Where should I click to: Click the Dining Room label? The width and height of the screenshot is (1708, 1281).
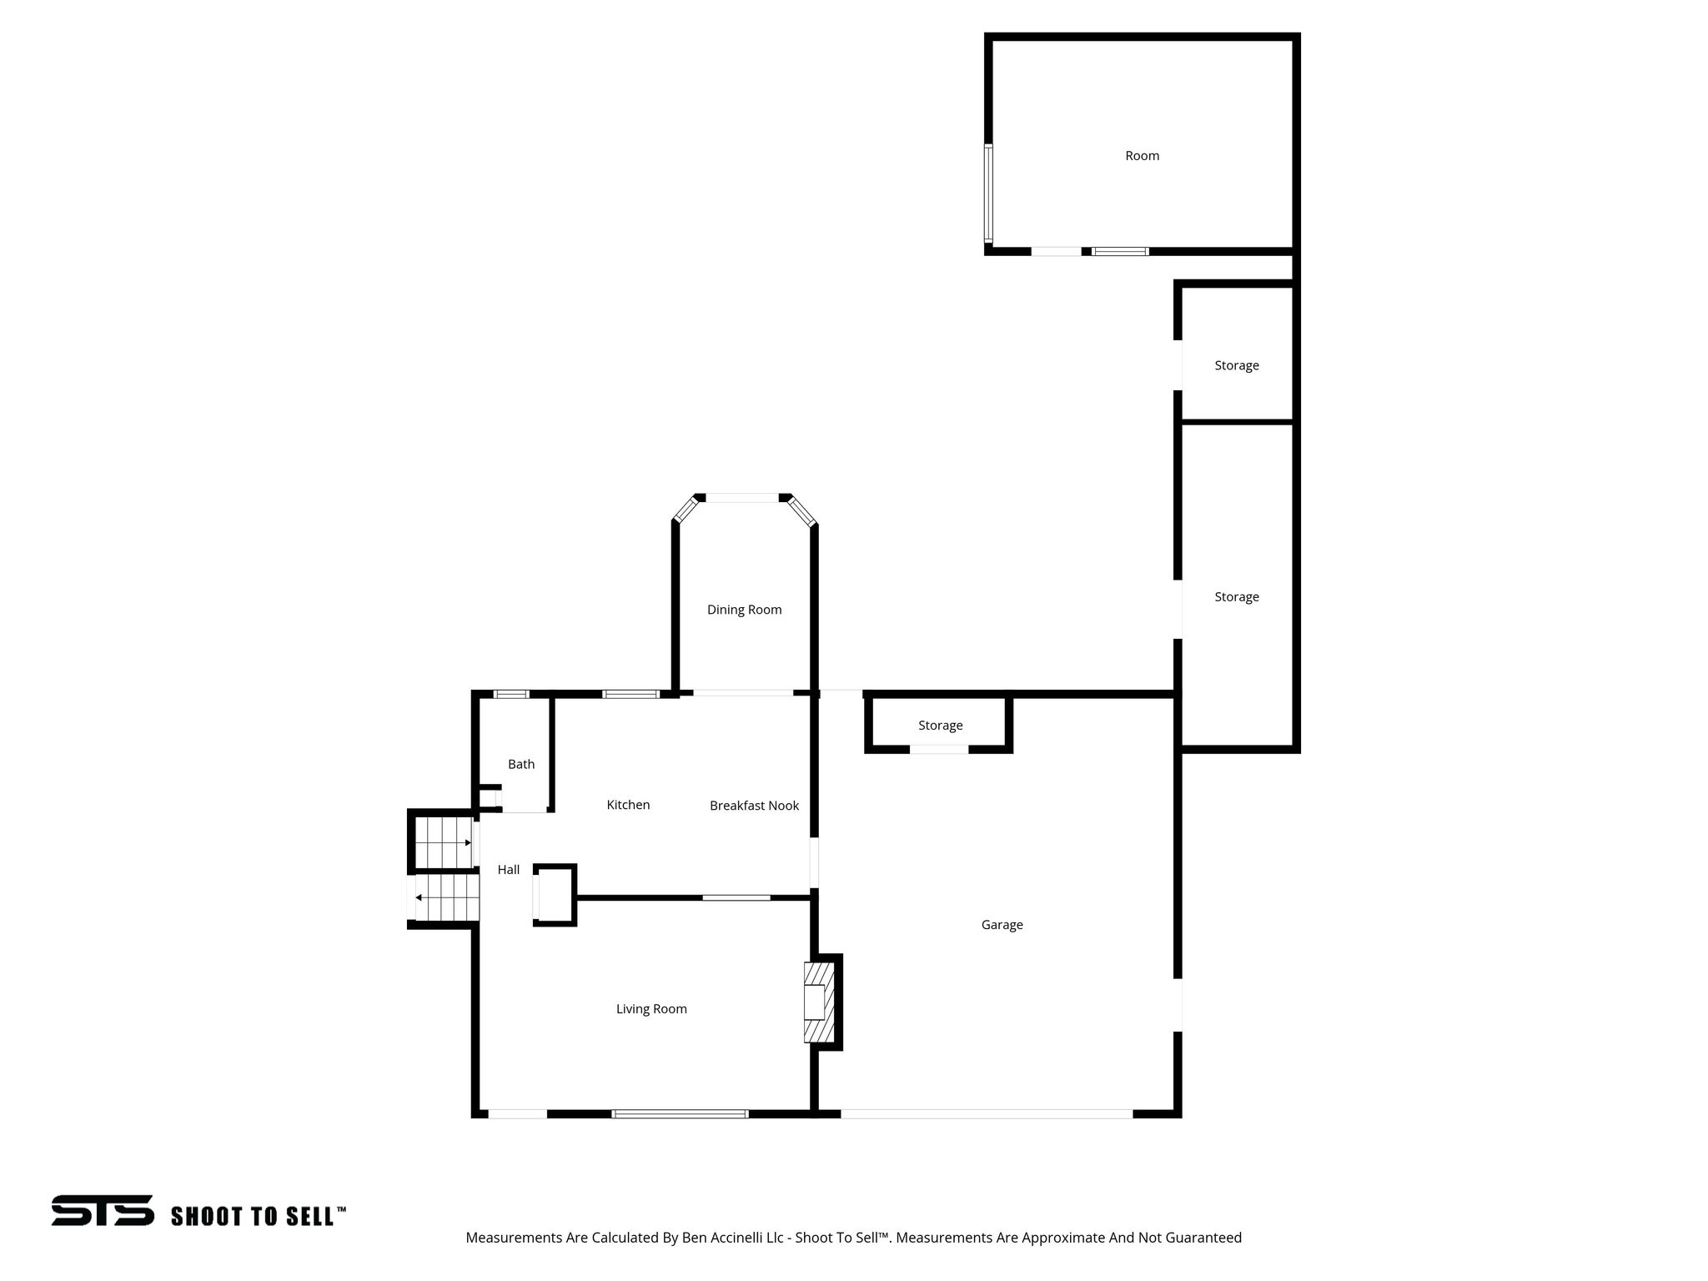pyautogui.click(x=744, y=610)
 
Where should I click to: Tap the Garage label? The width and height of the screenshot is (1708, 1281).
pyautogui.click(x=1002, y=924)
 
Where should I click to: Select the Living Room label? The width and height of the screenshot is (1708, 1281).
pyautogui.click(x=651, y=1009)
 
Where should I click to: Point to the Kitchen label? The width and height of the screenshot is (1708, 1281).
pyautogui.click(x=628, y=805)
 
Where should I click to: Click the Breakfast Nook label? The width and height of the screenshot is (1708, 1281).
pyautogui.click(x=754, y=806)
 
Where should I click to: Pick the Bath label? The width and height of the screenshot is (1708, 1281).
pyautogui.click(x=521, y=764)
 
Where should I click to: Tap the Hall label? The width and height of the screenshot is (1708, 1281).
pyautogui.click(x=509, y=870)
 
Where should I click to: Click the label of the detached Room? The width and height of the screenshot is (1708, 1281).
pyautogui.click(x=1142, y=156)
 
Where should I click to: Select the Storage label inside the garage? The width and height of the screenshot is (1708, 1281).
pyautogui.click(x=940, y=726)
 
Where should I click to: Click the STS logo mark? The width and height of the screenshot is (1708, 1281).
pyautogui.click(x=103, y=1210)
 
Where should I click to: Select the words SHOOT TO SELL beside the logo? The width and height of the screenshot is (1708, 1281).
pyautogui.click(x=258, y=1216)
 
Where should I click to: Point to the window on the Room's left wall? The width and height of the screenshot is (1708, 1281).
pyautogui.click(x=988, y=193)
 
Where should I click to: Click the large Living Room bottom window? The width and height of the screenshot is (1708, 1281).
pyautogui.click(x=680, y=1113)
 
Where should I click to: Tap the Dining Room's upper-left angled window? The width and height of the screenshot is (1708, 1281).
pyautogui.click(x=686, y=510)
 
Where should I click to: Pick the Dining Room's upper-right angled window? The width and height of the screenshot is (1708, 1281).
pyautogui.click(x=801, y=510)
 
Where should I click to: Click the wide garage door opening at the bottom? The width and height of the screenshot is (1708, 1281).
pyautogui.click(x=986, y=1113)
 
